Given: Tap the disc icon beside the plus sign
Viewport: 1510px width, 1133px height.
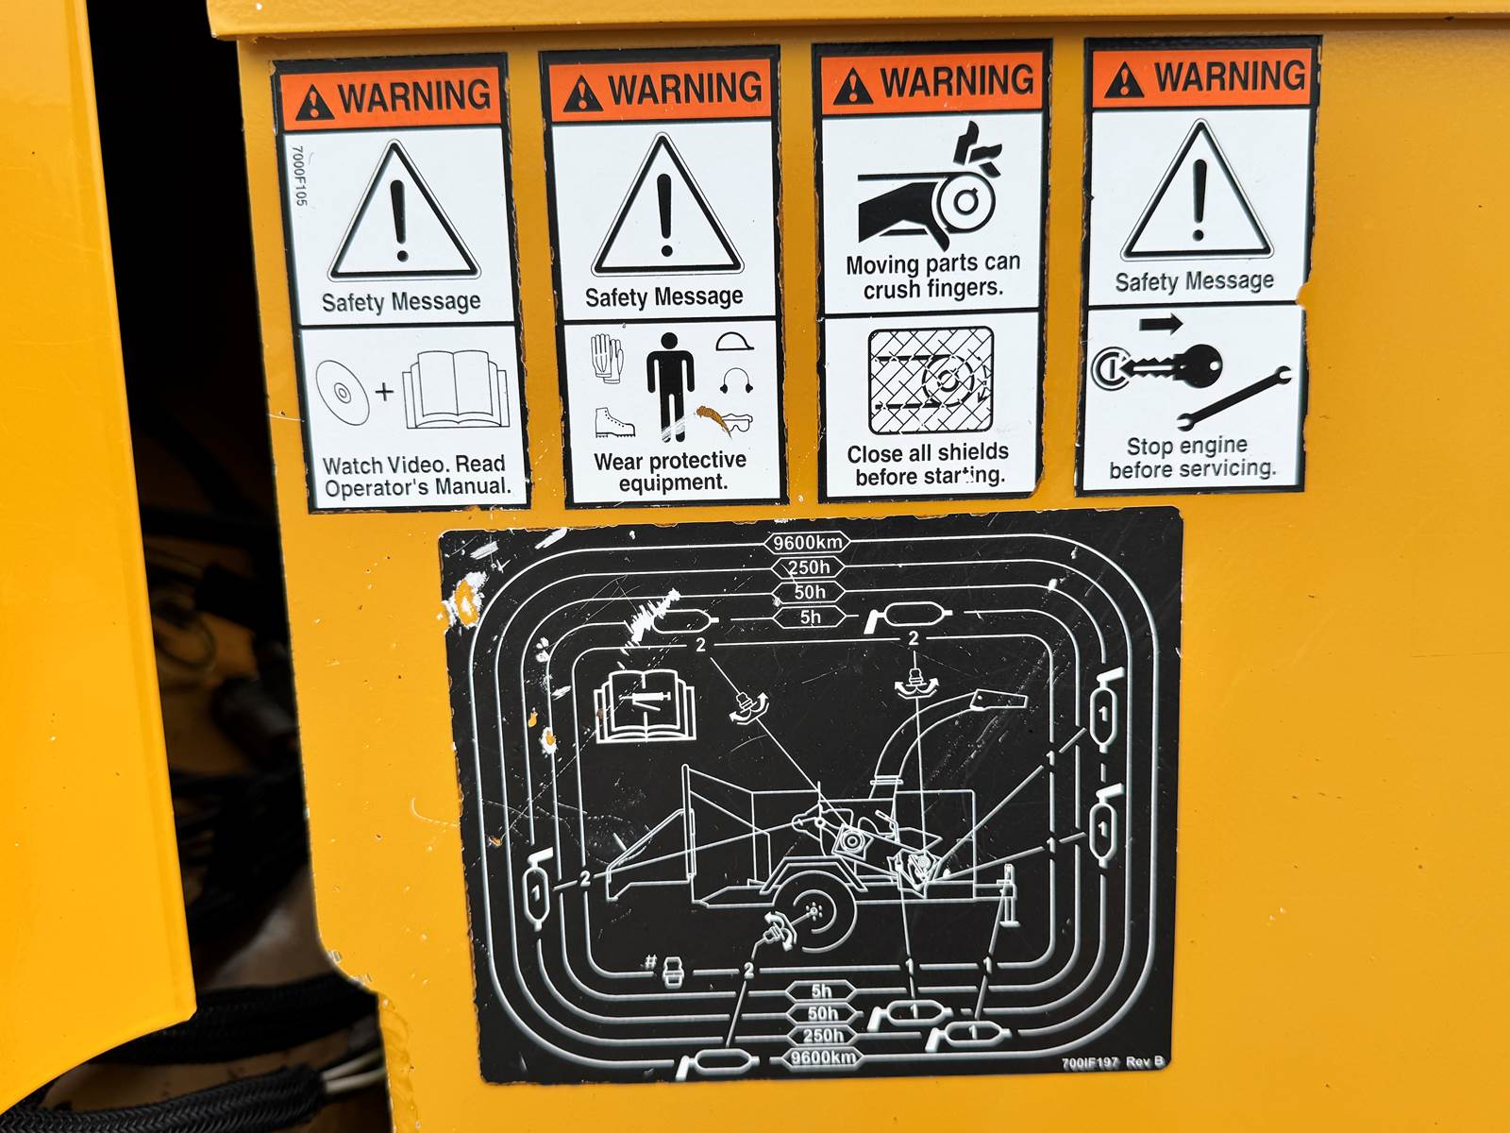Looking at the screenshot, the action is tap(342, 392).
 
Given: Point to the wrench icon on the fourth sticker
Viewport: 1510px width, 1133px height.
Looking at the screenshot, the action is tap(1233, 398).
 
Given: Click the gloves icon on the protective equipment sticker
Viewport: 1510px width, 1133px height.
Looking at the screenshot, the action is tap(607, 358).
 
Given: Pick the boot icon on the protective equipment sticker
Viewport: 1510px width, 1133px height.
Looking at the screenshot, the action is tap(613, 422).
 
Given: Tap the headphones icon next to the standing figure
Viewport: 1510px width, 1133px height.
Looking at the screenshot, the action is tap(736, 380).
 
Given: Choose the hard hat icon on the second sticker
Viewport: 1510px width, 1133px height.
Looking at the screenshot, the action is tap(734, 342).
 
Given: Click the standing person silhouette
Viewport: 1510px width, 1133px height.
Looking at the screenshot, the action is tap(670, 386).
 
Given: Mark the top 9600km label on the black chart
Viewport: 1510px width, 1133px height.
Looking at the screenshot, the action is tap(808, 543).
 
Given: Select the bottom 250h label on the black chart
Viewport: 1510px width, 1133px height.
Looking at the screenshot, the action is tap(823, 1036).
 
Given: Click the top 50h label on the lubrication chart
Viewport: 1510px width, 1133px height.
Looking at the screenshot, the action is tap(809, 592).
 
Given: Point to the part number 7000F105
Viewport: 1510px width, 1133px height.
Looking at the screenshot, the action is tap(298, 175).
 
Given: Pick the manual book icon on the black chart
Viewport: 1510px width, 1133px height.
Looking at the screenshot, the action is tap(644, 708).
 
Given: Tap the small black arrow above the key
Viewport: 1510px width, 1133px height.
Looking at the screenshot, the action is tap(1161, 324).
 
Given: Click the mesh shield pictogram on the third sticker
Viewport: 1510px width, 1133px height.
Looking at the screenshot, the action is tap(931, 380).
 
